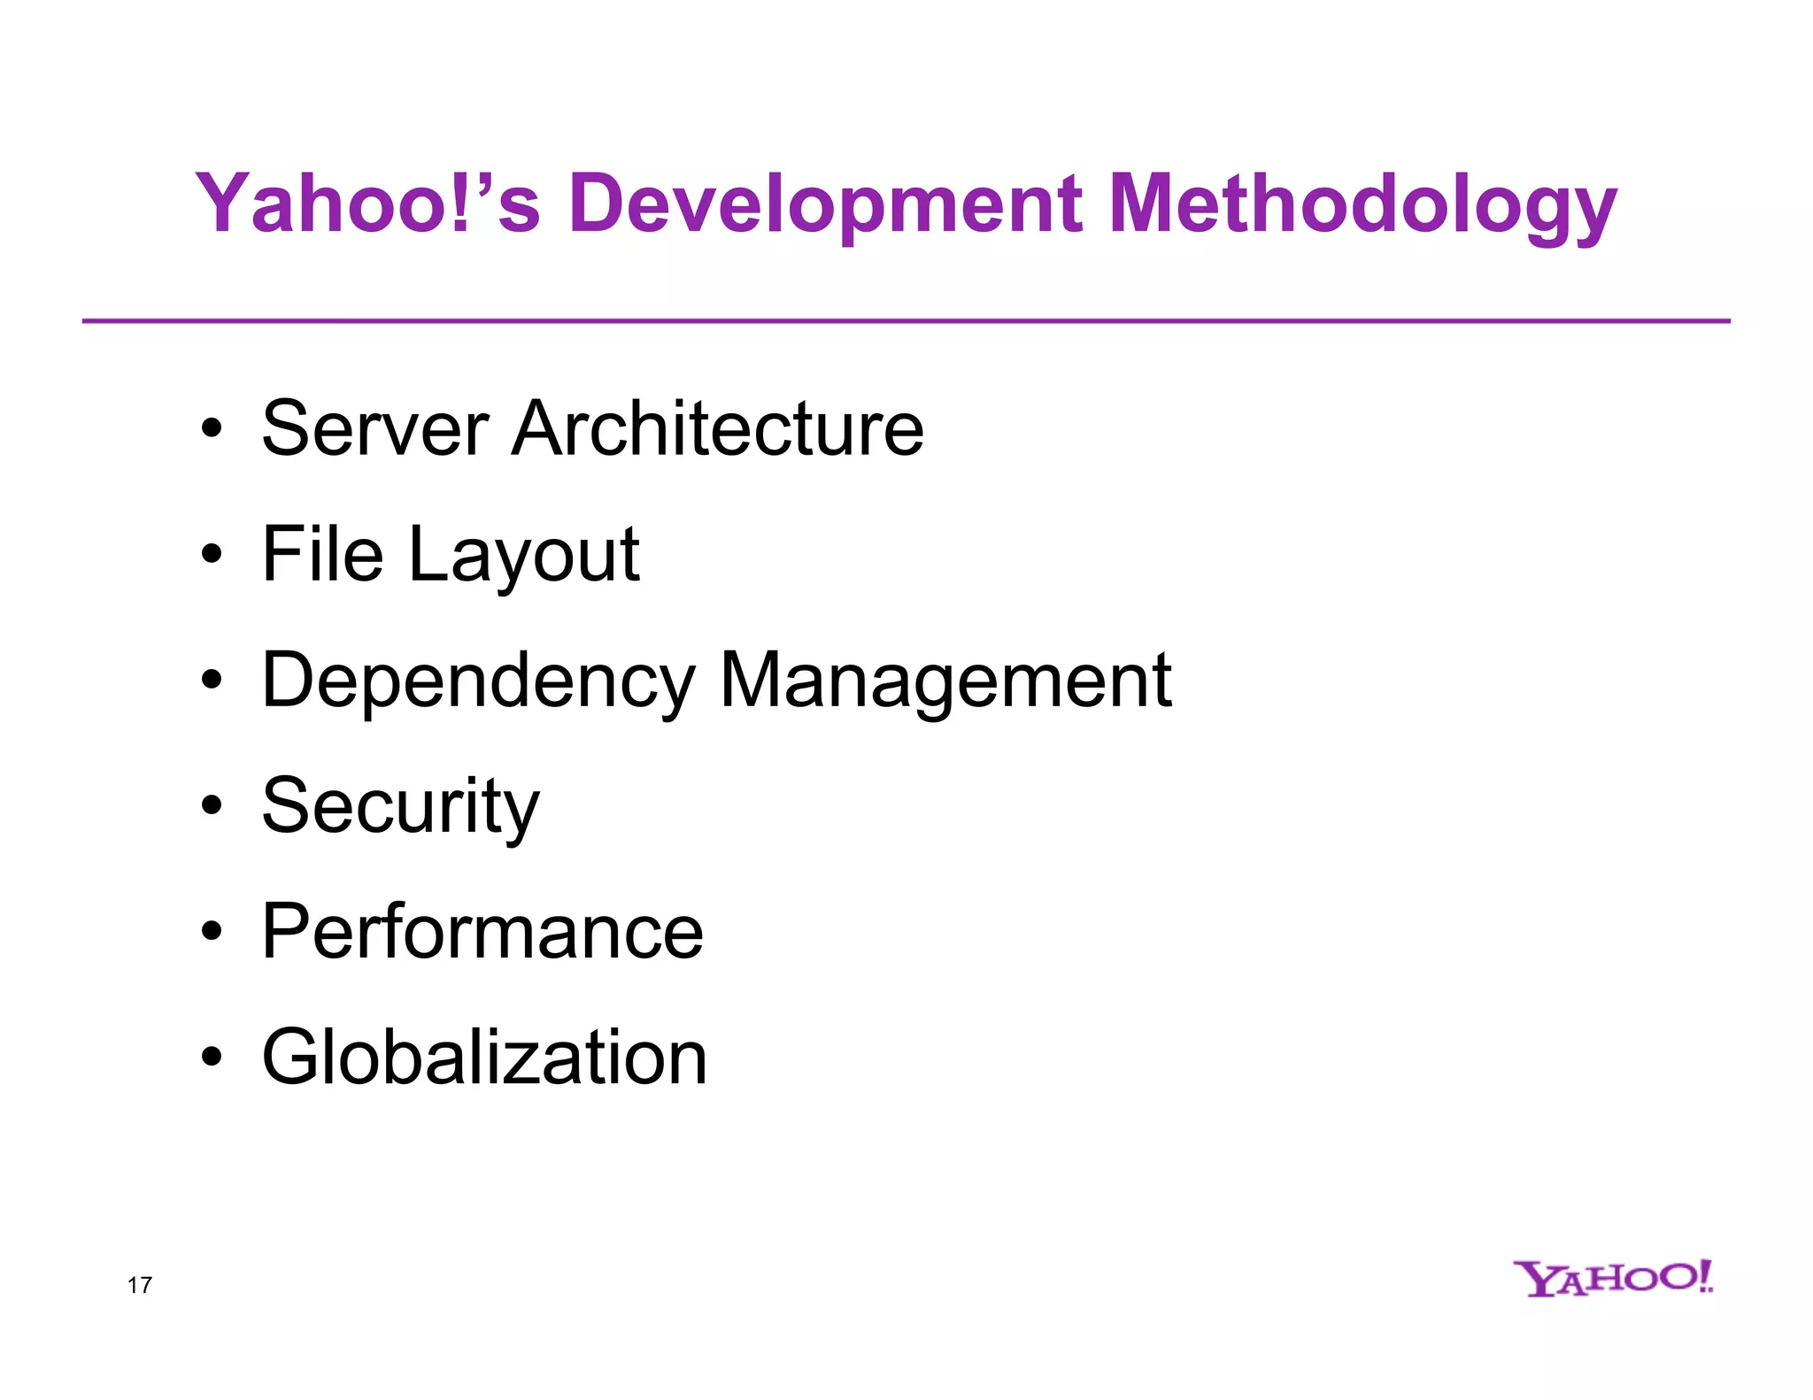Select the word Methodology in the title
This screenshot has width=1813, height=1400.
click(1362, 205)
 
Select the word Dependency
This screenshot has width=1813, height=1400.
click(478, 681)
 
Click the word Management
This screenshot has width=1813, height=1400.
click(945, 681)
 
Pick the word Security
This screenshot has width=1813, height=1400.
click(400, 807)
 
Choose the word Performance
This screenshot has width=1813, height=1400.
click(482, 932)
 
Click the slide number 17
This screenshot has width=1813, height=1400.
click(140, 1285)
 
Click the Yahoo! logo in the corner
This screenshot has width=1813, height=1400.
click(1613, 1279)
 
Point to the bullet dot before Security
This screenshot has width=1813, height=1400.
click(212, 806)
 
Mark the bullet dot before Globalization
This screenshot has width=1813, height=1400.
click(212, 1058)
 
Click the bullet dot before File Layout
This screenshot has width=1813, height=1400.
click(212, 555)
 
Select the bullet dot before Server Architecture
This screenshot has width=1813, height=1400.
click(212, 429)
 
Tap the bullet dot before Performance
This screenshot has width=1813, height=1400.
click(212, 932)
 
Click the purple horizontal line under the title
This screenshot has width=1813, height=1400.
click(906, 321)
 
